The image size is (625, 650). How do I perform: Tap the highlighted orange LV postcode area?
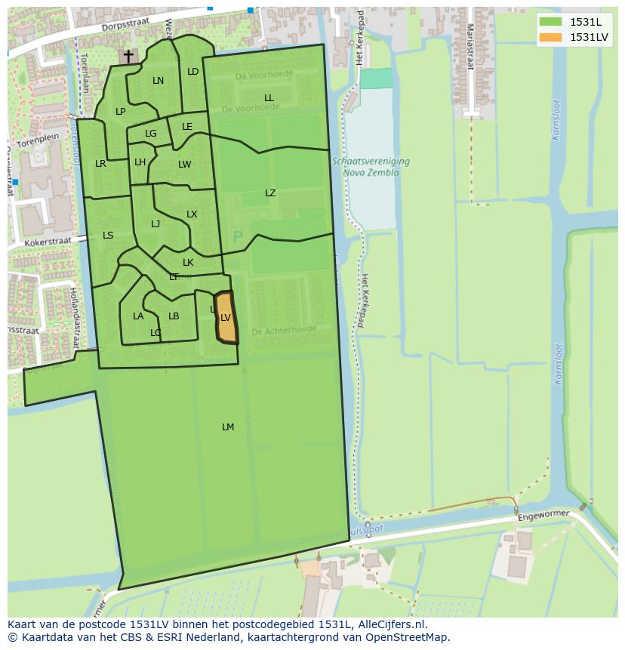pyautogui.click(x=226, y=318)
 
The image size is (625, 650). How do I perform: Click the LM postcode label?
pyautogui.click(x=228, y=427)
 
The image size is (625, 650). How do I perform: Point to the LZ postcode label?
pyautogui.click(x=270, y=193)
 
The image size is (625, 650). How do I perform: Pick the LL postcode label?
pyautogui.click(x=269, y=98)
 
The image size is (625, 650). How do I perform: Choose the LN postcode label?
pyautogui.click(x=158, y=81)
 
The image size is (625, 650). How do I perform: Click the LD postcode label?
pyautogui.click(x=192, y=72)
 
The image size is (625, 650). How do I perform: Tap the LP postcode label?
pyautogui.click(x=120, y=112)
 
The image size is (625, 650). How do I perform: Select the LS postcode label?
pyautogui.click(x=108, y=236)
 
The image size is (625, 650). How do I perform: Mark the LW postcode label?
pyautogui.click(x=185, y=165)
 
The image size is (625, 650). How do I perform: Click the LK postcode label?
pyautogui.click(x=188, y=263)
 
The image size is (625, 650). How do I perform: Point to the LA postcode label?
pyautogui.click(x=138, y=316)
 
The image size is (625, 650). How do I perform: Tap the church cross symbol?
pyautogui.click(x=128, y=56)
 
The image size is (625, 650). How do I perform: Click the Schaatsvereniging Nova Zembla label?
pyautogui.click(x=370, y=167)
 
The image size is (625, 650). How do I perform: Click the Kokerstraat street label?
pyautogui.click(x=47, y=241)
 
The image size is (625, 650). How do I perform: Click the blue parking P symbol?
pyautogui.click(x=238, y=238)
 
